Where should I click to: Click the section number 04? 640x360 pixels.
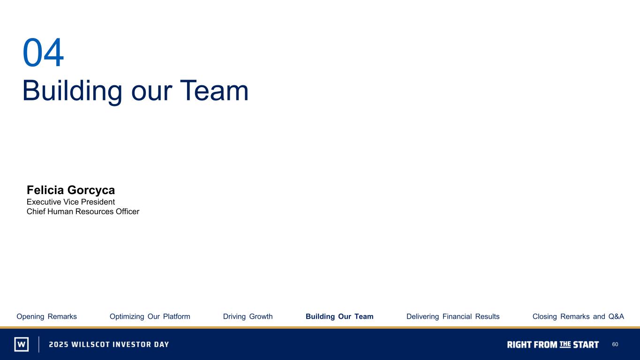(x=43, y=52)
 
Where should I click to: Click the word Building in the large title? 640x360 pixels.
(x=72, y=91)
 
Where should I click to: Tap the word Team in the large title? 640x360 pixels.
(x=214, y=91)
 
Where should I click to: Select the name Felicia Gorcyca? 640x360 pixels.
(x=71, y=190)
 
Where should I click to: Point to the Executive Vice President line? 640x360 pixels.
(x=71, y=202)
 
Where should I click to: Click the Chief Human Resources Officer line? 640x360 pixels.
(x=83, y=211)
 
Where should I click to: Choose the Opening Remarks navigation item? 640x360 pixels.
(x=46, y=316)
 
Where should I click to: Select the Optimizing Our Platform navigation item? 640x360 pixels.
(x=150, y=316)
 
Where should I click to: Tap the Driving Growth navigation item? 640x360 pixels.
(x=248, y=316)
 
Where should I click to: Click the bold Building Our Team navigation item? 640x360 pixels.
(x=339, y=316)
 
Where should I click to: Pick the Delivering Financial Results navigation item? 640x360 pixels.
(x=453, y=316)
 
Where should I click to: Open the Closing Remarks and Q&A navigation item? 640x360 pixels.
(x=578, y=316)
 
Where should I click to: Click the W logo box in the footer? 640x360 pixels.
(x=22, y=344)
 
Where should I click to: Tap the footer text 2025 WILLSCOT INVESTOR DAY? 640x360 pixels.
(x=109, y=345)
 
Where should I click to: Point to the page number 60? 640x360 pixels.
(x=615, y=345)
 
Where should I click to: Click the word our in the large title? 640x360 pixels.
(x=151, y=93)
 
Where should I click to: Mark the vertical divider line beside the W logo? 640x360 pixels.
(x=39, y=344)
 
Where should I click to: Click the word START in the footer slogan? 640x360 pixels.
(x=586, y=345)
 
